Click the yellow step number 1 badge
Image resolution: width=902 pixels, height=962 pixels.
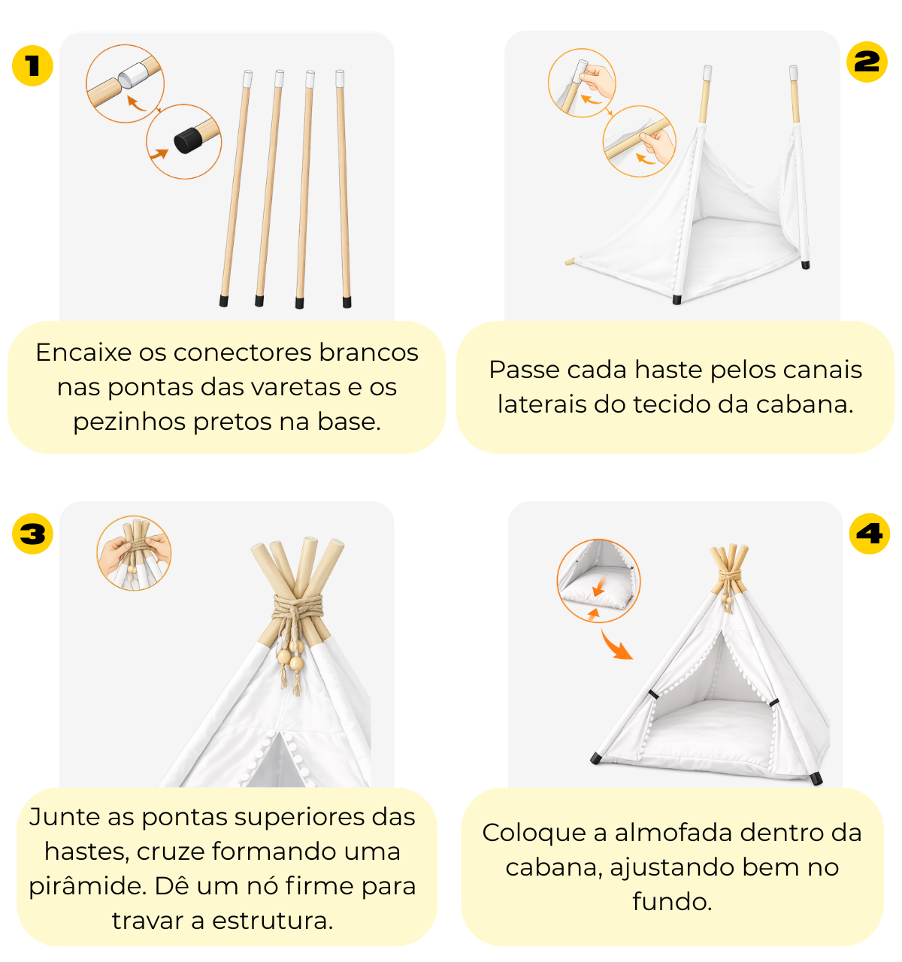pos(32,66)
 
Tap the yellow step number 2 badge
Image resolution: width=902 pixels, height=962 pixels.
pos(867,62)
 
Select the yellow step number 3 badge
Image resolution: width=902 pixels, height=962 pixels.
pos(32,534)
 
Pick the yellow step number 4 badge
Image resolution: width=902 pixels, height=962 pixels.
pos(870,534)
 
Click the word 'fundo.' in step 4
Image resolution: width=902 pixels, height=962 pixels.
pos(672,902)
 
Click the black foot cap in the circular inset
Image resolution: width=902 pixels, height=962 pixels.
pos(188,141)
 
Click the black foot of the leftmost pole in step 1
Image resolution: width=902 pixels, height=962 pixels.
pos(224,301)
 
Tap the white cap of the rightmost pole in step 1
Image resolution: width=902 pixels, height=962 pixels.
pos(340,78)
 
